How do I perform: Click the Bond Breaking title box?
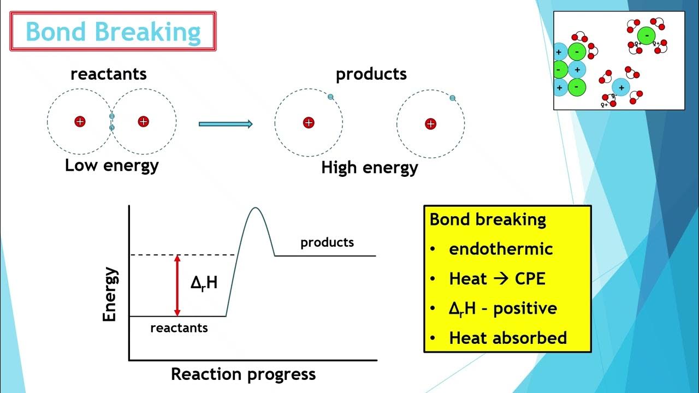point(113,32)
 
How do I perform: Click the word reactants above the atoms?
point(109,74)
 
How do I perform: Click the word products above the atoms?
point(371,74)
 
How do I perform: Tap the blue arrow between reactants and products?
point(226,124)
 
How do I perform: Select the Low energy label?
point(111,165)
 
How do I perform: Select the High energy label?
point(369,167)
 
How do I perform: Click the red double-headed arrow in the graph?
point(176,285)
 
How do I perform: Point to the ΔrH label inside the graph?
point(204,282)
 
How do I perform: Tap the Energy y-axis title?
point(110,294)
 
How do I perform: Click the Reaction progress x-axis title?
point(243,374)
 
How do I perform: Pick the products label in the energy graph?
point(327,242)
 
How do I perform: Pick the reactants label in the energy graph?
point(179,328)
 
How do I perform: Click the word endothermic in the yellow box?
point(501,249)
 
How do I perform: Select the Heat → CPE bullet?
point(497,279)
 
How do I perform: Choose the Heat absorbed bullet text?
point(508,338)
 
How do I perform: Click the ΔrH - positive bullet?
point(502,308)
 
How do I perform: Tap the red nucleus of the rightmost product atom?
point(430,124)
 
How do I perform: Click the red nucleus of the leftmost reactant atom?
point(80,121)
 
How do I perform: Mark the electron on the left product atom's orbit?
point(330,97)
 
